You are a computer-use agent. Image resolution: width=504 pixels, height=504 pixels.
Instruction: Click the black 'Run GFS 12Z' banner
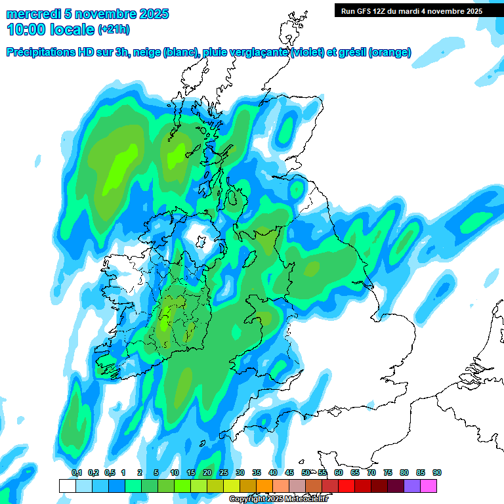[409, 10]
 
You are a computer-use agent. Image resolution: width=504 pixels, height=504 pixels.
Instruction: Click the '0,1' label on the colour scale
[76, 472]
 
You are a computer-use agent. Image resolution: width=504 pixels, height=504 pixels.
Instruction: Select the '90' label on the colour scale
[437, 472]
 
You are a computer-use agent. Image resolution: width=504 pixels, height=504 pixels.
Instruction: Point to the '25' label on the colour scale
[224, 472]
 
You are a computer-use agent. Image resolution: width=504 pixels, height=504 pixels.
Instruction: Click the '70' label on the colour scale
[371, 472]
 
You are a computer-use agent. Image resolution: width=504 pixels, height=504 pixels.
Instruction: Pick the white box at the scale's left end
[67, 486]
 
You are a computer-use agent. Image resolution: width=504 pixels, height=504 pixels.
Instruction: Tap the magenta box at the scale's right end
[429, 486]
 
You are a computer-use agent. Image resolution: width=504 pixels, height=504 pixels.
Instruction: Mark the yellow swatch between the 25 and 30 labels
[231, 486]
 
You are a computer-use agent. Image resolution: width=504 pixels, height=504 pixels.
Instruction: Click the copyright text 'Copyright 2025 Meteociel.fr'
[278, 499]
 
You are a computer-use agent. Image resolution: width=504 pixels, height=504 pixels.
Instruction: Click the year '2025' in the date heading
[149, 14]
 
